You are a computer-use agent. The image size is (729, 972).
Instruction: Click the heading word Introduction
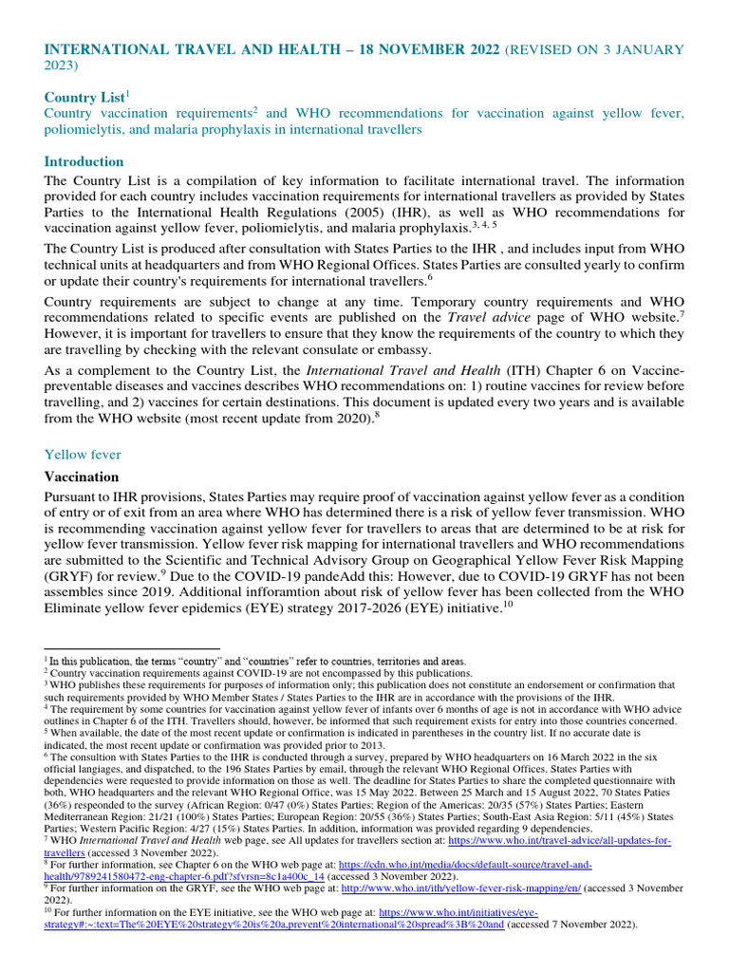tap(84, 161)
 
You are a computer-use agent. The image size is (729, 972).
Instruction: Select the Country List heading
tap(84, 97)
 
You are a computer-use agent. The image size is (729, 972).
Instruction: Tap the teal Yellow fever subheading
tap(83, 428)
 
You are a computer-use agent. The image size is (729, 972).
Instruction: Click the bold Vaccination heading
tap(82, 477)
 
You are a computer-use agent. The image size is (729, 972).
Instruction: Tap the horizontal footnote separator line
tap(132, 650)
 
